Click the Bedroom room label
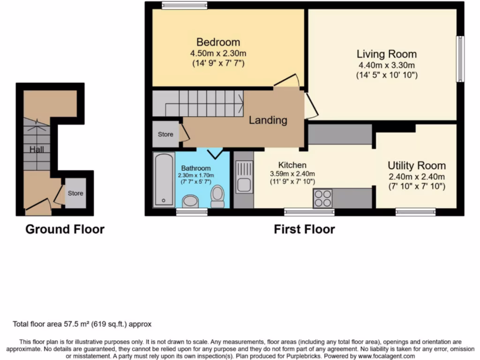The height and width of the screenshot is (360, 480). point(218,42)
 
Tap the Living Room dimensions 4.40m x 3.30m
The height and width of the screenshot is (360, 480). point(386,65)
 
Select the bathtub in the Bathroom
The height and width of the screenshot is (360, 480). point(163,180)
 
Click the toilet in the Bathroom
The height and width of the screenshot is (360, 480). point(217,196)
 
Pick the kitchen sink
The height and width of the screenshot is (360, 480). point(244,177)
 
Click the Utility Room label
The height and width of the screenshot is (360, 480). point(416,165)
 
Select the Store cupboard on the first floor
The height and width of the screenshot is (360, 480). point(165,135)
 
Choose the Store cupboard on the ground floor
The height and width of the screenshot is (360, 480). point(75,193)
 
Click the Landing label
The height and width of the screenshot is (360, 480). point(268,120)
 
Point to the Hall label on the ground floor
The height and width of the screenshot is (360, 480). point(37,150)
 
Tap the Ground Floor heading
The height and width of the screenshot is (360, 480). point(65,229)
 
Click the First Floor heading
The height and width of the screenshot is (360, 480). point(304,229)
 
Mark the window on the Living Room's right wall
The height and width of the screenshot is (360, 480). point(461,59)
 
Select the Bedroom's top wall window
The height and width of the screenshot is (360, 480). point(185,6)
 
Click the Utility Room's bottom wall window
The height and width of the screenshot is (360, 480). point(415,212)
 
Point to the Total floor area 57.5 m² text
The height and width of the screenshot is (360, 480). point(82,324)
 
